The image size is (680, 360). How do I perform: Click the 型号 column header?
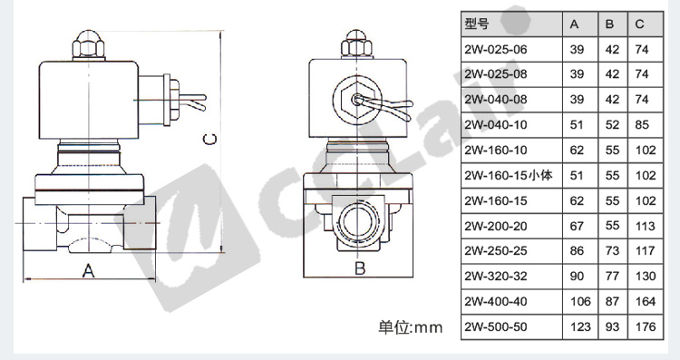coord(477,24)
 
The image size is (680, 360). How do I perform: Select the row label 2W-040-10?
coord(496,125)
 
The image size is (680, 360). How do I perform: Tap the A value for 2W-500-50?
coord(580,326)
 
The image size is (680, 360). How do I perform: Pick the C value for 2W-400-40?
coord(646,301)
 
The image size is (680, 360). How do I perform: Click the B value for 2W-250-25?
coord(612,250)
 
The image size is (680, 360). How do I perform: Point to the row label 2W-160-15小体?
coord(509,175)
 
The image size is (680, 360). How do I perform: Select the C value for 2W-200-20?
coord(646,226)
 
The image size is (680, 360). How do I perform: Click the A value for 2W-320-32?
coord(577,277)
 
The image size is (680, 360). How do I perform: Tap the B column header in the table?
coord(610,24)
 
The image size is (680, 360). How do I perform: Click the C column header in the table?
coord(640,24)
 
